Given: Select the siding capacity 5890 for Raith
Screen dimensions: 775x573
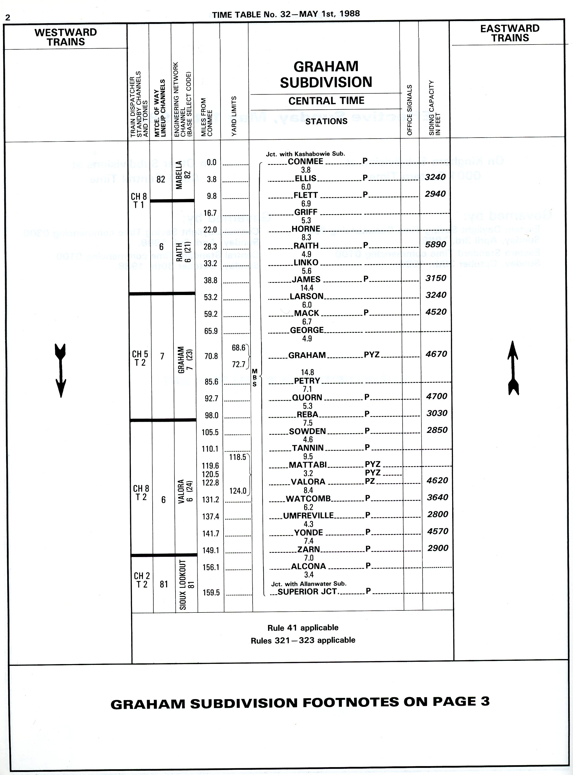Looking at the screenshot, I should click(436, 244).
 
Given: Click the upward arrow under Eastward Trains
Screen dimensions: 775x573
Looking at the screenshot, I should click(513, 368).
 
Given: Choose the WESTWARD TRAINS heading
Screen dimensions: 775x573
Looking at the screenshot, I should click(66, 37).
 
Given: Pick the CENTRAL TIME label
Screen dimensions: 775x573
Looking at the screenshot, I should click(326, 101).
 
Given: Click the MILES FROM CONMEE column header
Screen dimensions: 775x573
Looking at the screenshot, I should click(206, 117).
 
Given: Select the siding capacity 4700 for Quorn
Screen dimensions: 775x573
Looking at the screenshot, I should click(436, 396).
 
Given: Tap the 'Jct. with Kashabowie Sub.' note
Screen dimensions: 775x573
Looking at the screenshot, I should click(305, 154).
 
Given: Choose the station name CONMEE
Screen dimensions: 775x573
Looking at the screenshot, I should click(305, 161).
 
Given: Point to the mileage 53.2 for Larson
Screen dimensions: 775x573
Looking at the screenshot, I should click(211, 297).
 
